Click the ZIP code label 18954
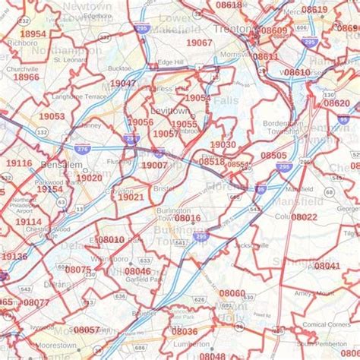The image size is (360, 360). click(33, 34)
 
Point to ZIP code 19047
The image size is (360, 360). click(123, 84)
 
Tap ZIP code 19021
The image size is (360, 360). click(131, 197)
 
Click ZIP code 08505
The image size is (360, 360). click(273, 155)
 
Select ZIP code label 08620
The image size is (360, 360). click(336, 103)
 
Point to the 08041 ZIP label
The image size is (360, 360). click(327, 266)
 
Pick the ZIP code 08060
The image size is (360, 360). click(232, 293)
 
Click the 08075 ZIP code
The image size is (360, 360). click(78, 269)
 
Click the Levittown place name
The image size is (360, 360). click(170, 111)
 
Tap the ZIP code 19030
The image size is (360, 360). click(223, 144)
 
